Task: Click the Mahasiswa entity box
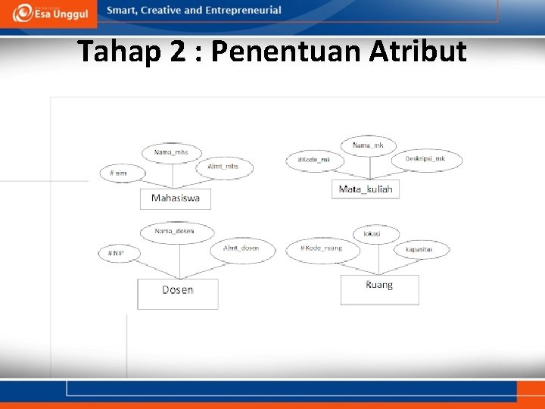coord(176,198)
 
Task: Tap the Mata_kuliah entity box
coord(366,189)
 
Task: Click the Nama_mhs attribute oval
coord(171,152)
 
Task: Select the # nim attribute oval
coord(122,173)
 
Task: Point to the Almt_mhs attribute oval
coord(224,167)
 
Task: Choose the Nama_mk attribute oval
coord(368,145)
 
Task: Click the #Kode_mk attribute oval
coord(314,160)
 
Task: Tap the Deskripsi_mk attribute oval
coord(426,159)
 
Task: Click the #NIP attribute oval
coord(119,253)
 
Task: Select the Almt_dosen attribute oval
coord(241,249)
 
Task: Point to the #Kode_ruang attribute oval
coord(322,248)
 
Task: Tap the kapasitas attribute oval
coord(420,249)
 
